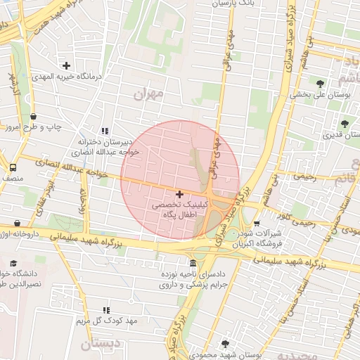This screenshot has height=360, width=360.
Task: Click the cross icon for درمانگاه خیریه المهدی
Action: [x=66, y=65]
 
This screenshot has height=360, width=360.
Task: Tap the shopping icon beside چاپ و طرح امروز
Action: [x=34, y=117]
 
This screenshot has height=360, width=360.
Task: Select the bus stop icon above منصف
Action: [x=13, y=168]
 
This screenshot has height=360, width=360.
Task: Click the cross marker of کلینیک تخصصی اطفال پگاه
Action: [x=179, y=193]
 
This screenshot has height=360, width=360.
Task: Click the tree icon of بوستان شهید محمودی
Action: [x=224, y=344]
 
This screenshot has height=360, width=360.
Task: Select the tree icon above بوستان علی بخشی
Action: [x=321, y=83]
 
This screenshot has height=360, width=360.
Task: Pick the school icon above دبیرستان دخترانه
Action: [x=105, y=131]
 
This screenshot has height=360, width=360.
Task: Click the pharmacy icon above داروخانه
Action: [x=18, y=223]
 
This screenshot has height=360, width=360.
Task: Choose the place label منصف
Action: [x=13, y=180]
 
